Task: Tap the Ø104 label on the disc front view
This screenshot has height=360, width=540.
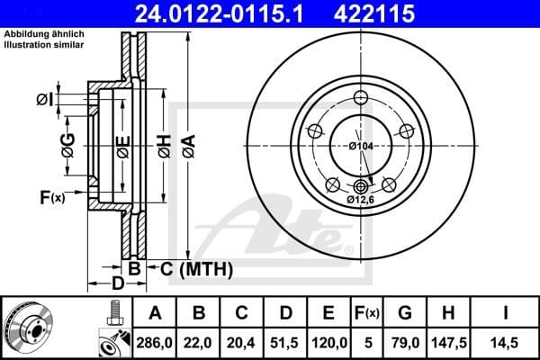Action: click(361, 146)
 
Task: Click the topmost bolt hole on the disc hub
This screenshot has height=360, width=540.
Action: click(360, 99)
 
